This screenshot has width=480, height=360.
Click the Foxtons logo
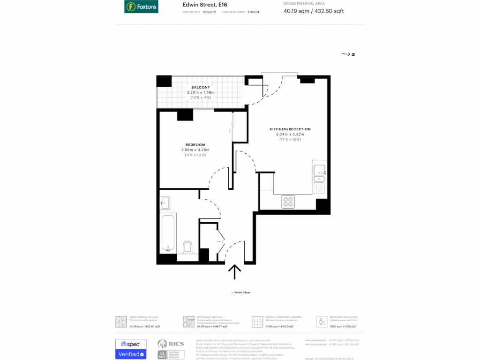[141, 7]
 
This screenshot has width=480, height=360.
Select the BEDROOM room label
[195, 144]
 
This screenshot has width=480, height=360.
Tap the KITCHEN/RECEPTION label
[290, 129]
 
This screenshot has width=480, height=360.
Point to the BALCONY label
[200, 87]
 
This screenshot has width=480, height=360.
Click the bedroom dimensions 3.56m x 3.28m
[195, 150]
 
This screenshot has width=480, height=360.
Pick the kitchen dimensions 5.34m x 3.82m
[290, 135]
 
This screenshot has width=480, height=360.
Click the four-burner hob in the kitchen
[288, 202]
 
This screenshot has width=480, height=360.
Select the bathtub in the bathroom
[168, 233]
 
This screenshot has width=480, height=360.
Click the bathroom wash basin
[165, 202]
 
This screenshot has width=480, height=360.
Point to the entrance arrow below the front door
[234, 271]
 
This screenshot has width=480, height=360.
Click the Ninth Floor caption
[242, 292]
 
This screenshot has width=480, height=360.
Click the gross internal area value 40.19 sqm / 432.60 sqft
[314, 11]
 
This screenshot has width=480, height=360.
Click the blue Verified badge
[131, 354]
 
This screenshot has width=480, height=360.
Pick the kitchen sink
[320, 172]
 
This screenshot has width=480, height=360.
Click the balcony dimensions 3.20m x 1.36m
[200, 92]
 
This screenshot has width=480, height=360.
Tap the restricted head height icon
[321, 321]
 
